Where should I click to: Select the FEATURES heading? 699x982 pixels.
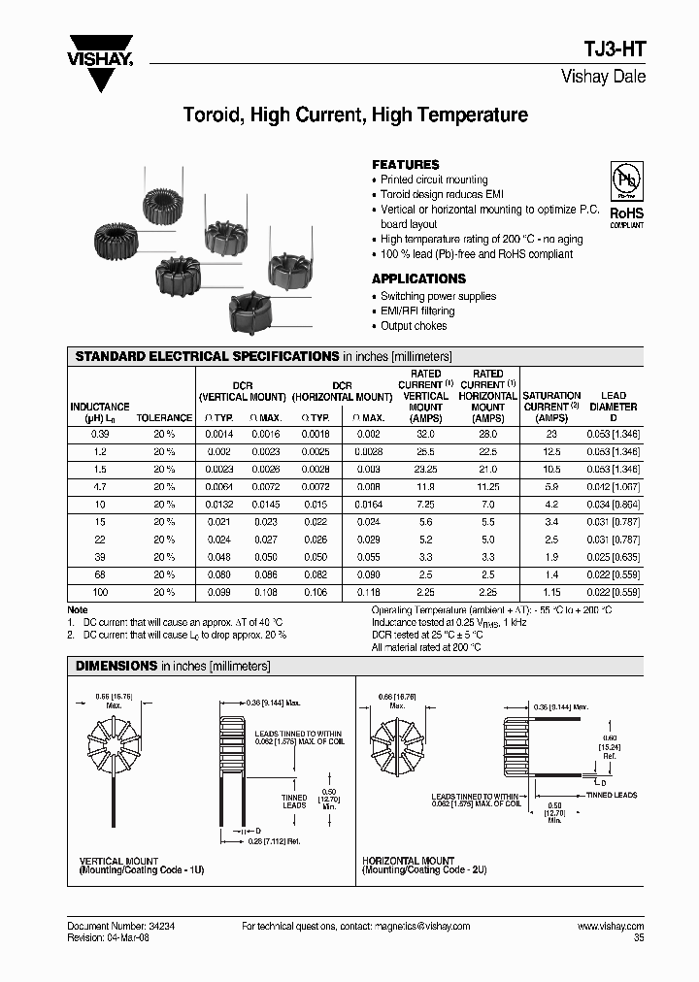pos(405,165)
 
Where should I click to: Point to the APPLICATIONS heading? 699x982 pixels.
pos(418,278)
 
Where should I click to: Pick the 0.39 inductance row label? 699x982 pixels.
pos(99,434)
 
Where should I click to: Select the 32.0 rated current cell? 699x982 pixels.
pos(425,434)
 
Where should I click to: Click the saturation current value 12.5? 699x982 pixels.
pos(551,451)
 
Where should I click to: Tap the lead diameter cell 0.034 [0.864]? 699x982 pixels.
pos(614,505)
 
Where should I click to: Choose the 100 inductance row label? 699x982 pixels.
pos(99,592)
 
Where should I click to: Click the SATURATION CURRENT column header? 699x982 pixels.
pos(551,401)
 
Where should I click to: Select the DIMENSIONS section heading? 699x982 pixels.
pos(116,667)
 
